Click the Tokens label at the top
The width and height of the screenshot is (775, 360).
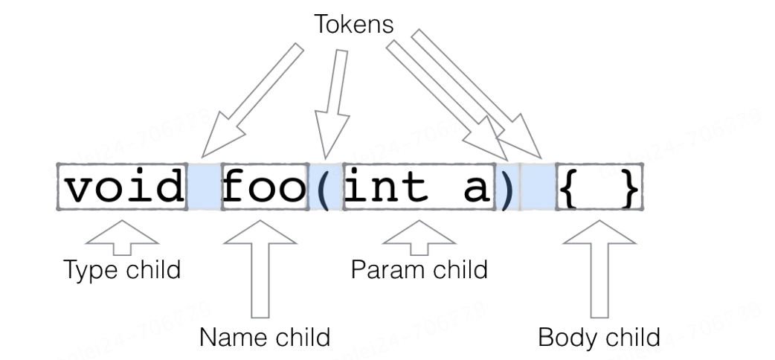[353, 25]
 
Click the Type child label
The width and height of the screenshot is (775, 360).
[122, 269]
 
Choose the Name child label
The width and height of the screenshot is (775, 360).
[264, 337]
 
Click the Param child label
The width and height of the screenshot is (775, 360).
[419, 269]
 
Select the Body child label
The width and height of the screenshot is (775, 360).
[599, 337]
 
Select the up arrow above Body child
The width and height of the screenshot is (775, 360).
[599, 268]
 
